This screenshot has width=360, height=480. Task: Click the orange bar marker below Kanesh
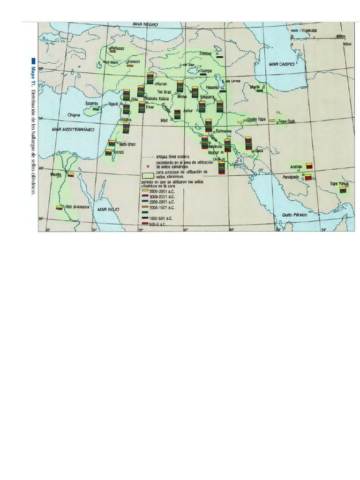131,66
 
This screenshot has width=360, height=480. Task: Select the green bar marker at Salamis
96,109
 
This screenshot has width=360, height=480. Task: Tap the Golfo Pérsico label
293,214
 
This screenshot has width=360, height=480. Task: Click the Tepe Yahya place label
340,184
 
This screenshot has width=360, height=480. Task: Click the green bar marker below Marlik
259,90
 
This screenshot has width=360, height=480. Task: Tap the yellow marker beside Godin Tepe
240,122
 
